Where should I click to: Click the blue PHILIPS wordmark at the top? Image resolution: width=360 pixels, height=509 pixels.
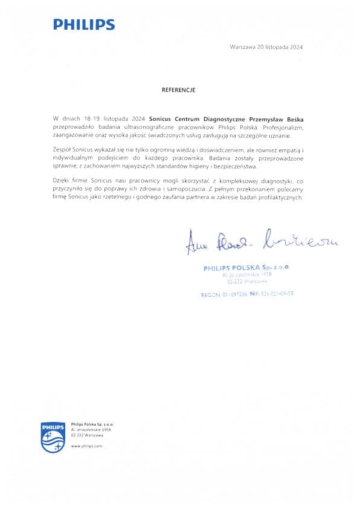(x=83, y=25)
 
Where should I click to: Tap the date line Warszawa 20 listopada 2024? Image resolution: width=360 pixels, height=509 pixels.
(x=266, y=47)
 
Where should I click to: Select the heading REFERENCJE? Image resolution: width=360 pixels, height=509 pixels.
(x=179, y=89)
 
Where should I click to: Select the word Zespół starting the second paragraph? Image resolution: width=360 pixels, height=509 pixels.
(x=63, y=148)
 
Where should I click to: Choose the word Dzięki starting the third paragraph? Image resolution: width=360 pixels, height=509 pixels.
(x=63, y=182)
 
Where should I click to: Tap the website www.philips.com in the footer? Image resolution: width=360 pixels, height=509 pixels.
(x=87, y=446)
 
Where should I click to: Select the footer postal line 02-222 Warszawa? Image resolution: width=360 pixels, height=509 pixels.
(x=87, y=435)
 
